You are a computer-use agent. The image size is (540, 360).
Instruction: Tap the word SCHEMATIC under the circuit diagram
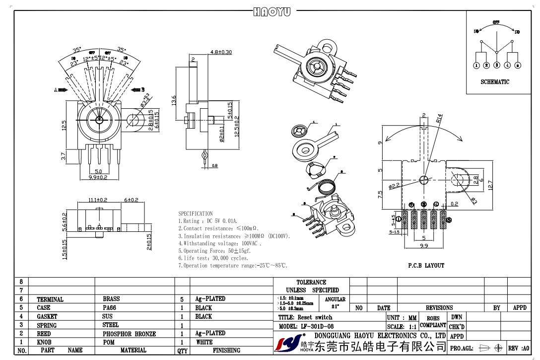click(495, 82)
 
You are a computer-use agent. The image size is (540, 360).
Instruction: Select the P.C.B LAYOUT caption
click(426, 266)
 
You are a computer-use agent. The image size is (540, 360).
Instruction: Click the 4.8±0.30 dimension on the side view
click(221, 52)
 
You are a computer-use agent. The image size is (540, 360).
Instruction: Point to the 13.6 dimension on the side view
click(173, 100)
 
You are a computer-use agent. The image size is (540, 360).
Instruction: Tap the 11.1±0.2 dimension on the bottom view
click(98, 200)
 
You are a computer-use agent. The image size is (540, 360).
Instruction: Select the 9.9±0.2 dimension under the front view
click(98, 177)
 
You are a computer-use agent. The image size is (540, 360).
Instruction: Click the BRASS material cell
click(111, 299)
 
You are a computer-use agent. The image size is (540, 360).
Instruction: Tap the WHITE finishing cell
click(204, 342)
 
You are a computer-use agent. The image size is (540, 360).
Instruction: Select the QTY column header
click(182, 351)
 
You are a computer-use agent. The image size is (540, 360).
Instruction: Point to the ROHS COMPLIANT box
click(433, 322)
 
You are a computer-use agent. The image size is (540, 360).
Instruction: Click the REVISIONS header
click(439, 308)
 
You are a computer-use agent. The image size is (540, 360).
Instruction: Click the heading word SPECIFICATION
click(196, 214)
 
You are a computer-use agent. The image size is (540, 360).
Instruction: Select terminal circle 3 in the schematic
click(497, 65)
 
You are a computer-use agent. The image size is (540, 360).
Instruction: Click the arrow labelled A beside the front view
click(62, 90)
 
